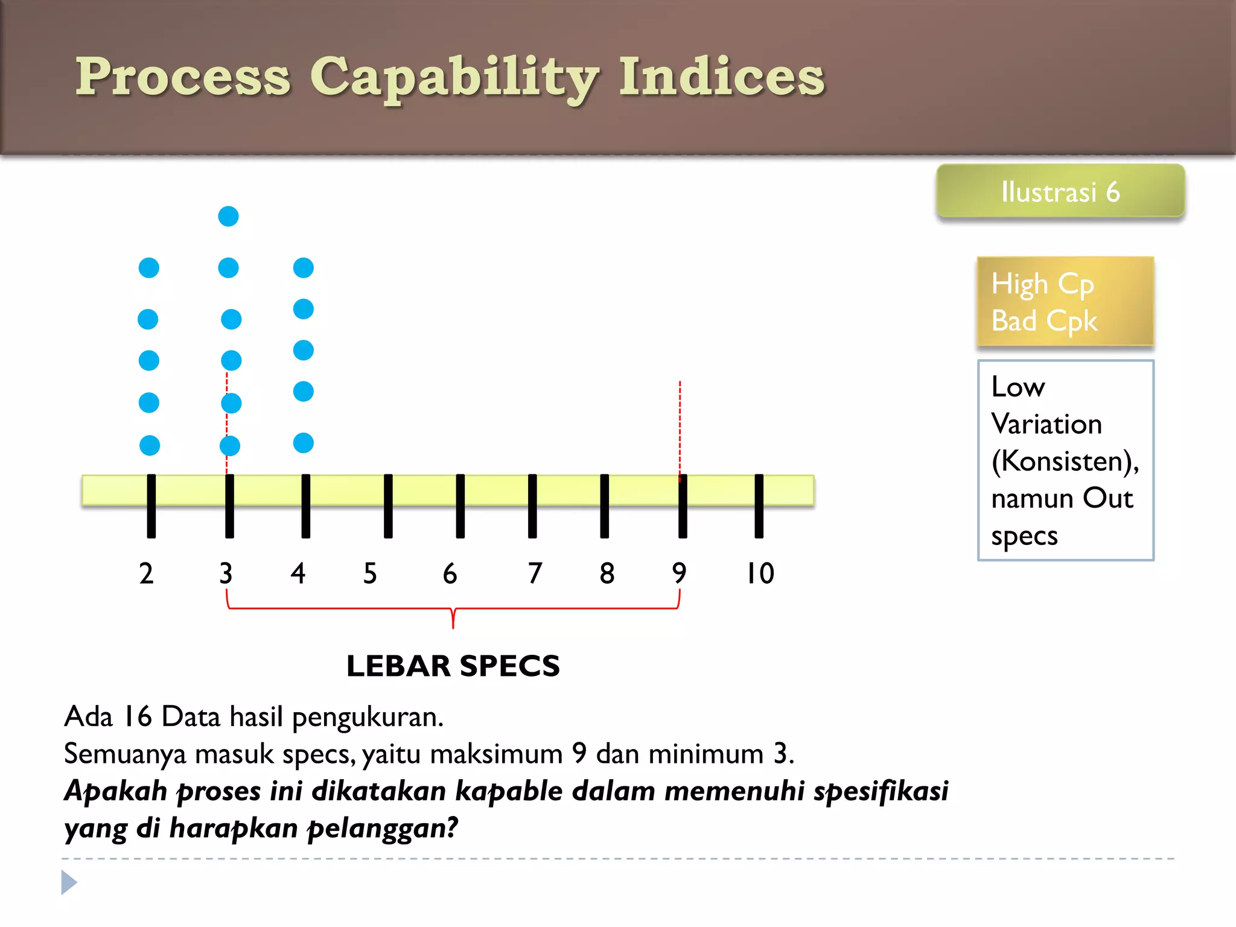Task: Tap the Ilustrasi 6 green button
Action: [1060, 191]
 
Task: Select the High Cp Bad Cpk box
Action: [1065, 302]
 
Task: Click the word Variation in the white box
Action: [1046, 424]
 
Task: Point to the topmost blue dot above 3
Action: [228, 216]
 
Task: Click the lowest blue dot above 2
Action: [150, 445]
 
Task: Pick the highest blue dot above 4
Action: [303, 267]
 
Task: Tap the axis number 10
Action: [760, 573]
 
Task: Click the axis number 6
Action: [450, 573]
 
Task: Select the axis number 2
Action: [146, 573]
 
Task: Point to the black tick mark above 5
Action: [388, 506]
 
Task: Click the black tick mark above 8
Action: [604, 506]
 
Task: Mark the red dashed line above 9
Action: [680, 422]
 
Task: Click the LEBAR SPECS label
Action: [453, 666]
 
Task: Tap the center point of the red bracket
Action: [453, 617]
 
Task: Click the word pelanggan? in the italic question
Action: [383, 828]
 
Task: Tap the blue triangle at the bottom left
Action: [69, 882]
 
